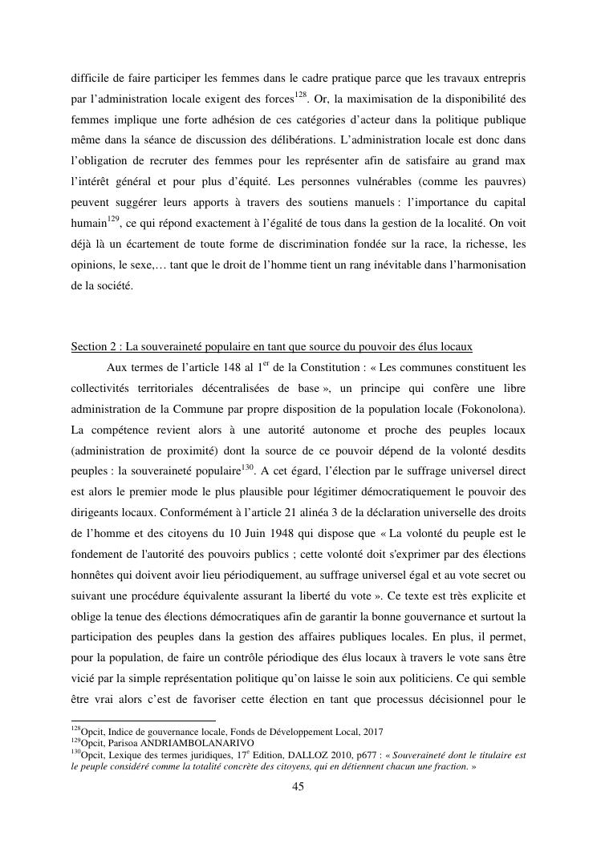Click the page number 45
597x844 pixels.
pos(298,786)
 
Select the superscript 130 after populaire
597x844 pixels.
pos(247,466)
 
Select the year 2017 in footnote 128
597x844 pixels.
pos(372,731)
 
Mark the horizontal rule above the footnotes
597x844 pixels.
pos(144,721)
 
